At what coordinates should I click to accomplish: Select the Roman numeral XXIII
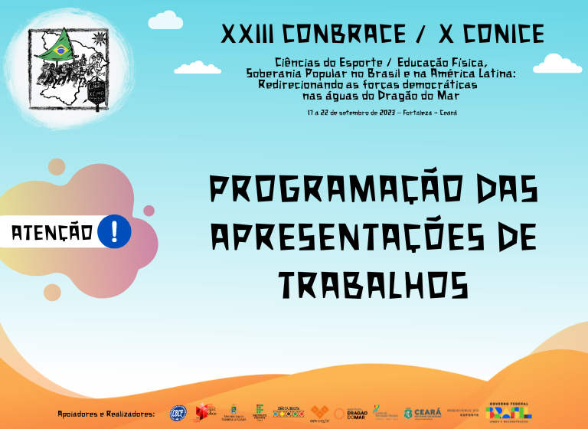pyautogui.click(x=247, y=34)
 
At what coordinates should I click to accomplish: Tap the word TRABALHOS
pyautogui.click(x=374, y=285)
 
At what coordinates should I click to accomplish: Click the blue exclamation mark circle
pyautogui.click(x=115, y=231)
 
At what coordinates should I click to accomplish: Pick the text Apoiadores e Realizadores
pyautogui.click(x=106, y=414)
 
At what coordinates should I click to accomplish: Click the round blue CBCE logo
pyautogui.click(x=178, y=413)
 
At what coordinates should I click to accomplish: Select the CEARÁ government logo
pyautogui.click(x=423, y=413)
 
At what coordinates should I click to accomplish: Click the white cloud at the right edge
pyautogui.click(x=558, y=64)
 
